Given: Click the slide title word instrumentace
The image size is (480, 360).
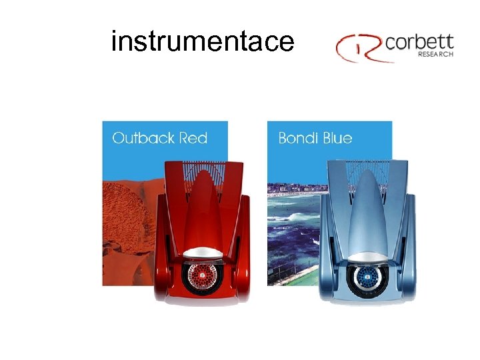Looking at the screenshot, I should pos(202,41).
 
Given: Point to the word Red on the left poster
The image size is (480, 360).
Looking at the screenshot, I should pos(193,138).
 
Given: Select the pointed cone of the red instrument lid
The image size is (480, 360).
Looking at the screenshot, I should pos(201,200).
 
